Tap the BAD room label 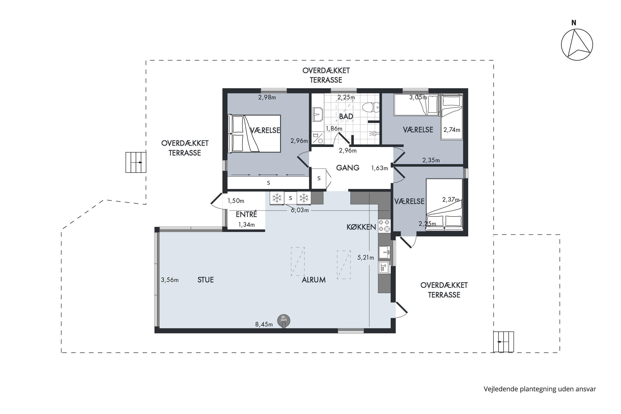tap(346, 116)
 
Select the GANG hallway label tap(348, 168)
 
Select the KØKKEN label tap(361, 227)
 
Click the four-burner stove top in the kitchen tap(384, 226)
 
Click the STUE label tap(206, 280)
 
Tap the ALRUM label tap(314, 280)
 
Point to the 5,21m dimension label tap(366, 258)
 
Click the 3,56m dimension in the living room tap(170, 280)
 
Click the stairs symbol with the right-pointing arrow tap(136, 162)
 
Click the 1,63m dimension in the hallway tap(380, 168)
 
